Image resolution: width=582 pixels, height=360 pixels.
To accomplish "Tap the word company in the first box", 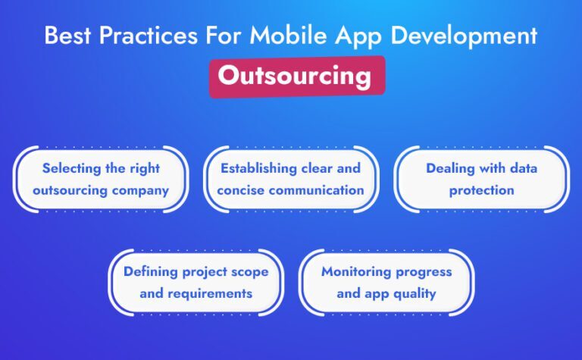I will tap(140, 190).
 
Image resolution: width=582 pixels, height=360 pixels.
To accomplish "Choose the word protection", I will tap(481, 190).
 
